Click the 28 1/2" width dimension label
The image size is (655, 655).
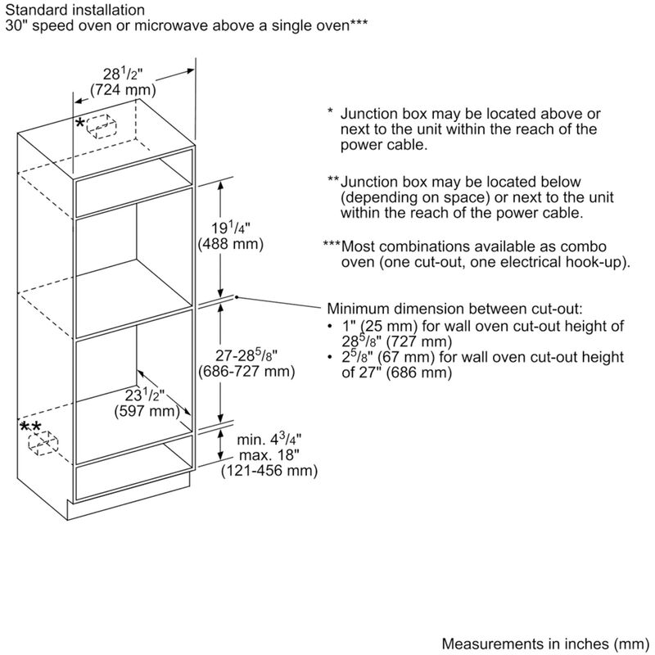(123, 74)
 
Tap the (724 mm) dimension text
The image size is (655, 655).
(123, 89)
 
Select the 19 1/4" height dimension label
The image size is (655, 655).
(230, 228)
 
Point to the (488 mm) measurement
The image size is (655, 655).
(231, 243)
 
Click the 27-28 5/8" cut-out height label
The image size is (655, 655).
(246, 355)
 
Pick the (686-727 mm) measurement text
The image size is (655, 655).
(246, 371)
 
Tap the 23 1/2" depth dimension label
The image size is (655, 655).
(145, 395)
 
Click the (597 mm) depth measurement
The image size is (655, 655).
(147, 411)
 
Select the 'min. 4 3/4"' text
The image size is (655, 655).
(269, 439)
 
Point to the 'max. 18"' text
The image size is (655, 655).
(269, 454)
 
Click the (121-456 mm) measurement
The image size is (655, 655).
(269, 470)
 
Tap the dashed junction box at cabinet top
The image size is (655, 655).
(102, 126)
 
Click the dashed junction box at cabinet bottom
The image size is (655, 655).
(43, 443)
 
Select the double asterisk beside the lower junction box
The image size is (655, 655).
(31, 427)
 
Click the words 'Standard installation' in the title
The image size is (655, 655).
(75, 10)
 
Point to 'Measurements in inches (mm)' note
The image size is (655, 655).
(545, 644)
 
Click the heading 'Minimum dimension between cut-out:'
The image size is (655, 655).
(454, 309)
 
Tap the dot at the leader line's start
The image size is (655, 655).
(237, 297)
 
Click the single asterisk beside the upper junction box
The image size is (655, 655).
(80, 124)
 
